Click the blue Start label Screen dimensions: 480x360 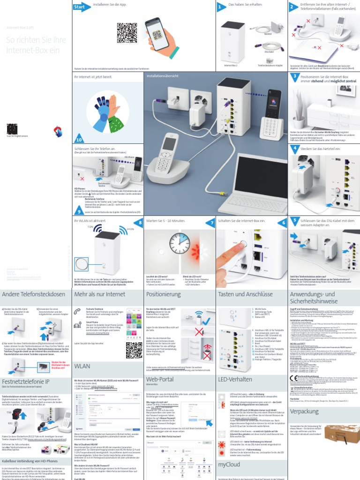tap(80, 7)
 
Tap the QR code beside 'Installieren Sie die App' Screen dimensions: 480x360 tap(127, 33)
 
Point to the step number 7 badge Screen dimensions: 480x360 tap(212, 223)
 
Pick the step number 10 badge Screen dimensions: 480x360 tap(79, 139)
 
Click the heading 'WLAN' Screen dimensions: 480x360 tap(82, 365)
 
